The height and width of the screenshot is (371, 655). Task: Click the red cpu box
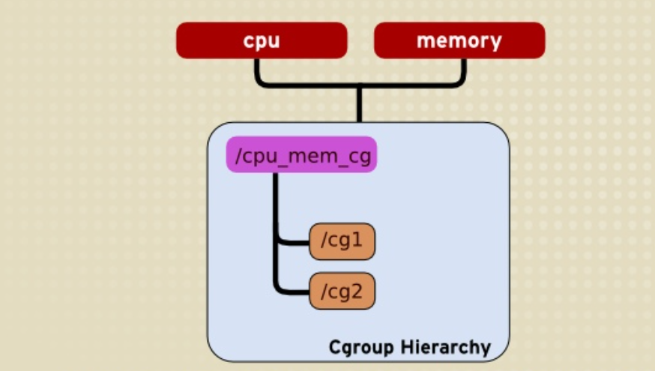pos(262,40)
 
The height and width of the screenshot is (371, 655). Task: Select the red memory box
pos(459,40)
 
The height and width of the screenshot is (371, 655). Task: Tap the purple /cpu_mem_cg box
pos(301,154)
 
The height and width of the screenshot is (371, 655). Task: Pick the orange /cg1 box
pos(342,241)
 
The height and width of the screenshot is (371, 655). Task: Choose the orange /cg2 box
pos(342,290)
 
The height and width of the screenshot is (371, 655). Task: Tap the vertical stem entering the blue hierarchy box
pos(360,105)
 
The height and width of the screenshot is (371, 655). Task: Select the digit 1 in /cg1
pos(358,241)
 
